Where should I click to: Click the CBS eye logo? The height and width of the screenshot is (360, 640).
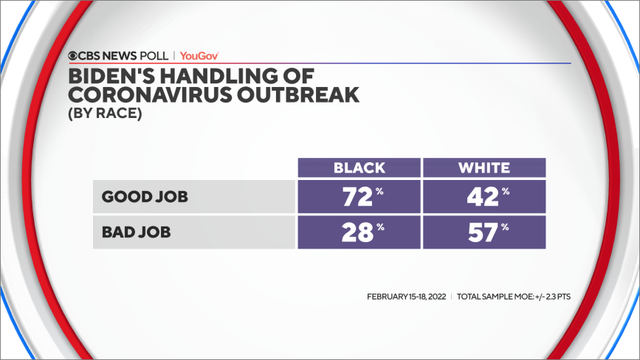74,56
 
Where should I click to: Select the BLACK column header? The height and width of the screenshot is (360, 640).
358,168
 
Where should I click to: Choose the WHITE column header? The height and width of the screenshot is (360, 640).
483,168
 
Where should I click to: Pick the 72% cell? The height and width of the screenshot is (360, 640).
358,197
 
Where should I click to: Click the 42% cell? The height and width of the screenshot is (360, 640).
483,197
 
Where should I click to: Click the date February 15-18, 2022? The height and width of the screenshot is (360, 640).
407,297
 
